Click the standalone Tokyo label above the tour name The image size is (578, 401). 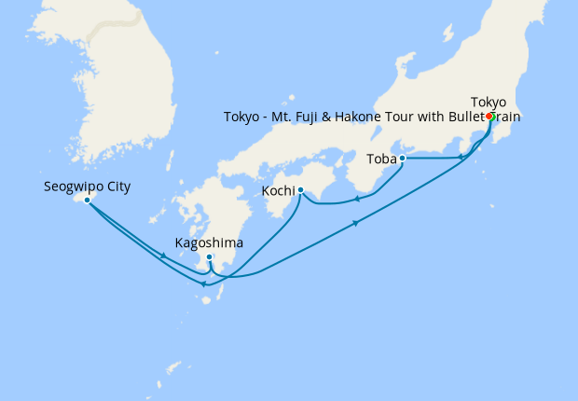(489, 102)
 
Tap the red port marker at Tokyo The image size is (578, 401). (489, 117)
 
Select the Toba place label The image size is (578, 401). (380, 159)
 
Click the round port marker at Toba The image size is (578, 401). (403, 159)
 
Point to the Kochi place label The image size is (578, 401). (280, 190)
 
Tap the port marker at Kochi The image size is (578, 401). (300, 190)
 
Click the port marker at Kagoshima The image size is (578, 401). (210, 257)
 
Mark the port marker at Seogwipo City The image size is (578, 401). (87, 200)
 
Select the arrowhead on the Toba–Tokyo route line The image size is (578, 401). (461, 158)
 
